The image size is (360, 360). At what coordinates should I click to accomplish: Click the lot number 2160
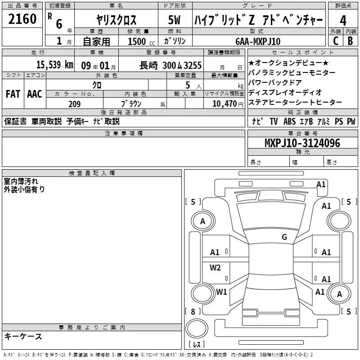[22, 19]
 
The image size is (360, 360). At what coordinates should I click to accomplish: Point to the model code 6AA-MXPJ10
[257, 41]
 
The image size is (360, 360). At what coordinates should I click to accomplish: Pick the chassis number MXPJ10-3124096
[302, 143]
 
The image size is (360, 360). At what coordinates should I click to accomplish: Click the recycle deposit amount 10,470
[224, 104]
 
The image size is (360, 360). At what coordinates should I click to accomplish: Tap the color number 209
[74, 104]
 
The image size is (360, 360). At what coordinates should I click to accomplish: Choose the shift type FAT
[13, 94]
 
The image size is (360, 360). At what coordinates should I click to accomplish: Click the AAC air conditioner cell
[34, 94]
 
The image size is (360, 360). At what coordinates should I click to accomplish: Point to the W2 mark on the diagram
[216, 268]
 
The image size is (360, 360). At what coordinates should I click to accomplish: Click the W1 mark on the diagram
[221, 292]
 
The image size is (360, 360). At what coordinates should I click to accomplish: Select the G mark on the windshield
[284, 237]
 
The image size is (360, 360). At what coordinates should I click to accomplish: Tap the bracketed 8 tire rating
[193, 311]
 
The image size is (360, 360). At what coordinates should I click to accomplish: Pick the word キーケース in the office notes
[23, 337]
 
